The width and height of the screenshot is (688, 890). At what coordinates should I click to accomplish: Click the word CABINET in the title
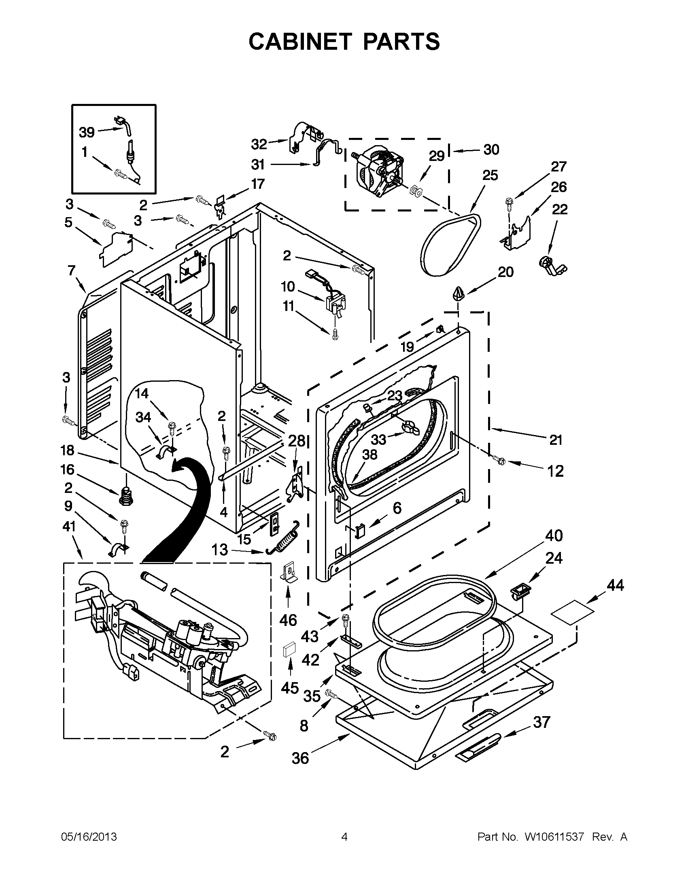click(299, 41)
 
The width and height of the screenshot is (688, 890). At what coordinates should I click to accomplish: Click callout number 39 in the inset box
click(87, 132)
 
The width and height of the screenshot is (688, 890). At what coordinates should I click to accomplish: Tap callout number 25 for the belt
click(490, 175)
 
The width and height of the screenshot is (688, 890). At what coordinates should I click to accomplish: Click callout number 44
click(615, 586)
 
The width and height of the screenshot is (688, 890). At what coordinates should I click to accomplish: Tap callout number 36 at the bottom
click(300, 758)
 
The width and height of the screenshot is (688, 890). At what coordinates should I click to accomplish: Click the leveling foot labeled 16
click(126, 496)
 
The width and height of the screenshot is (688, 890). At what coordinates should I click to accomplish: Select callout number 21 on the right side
click(555, 440)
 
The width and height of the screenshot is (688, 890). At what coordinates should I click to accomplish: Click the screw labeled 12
click(499, 461)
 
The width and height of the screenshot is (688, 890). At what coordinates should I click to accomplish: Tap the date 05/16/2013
click(89, 837)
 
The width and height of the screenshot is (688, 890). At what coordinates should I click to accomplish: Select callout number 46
click(288, 620)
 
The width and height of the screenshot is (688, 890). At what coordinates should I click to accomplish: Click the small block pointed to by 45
click(289, 649)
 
